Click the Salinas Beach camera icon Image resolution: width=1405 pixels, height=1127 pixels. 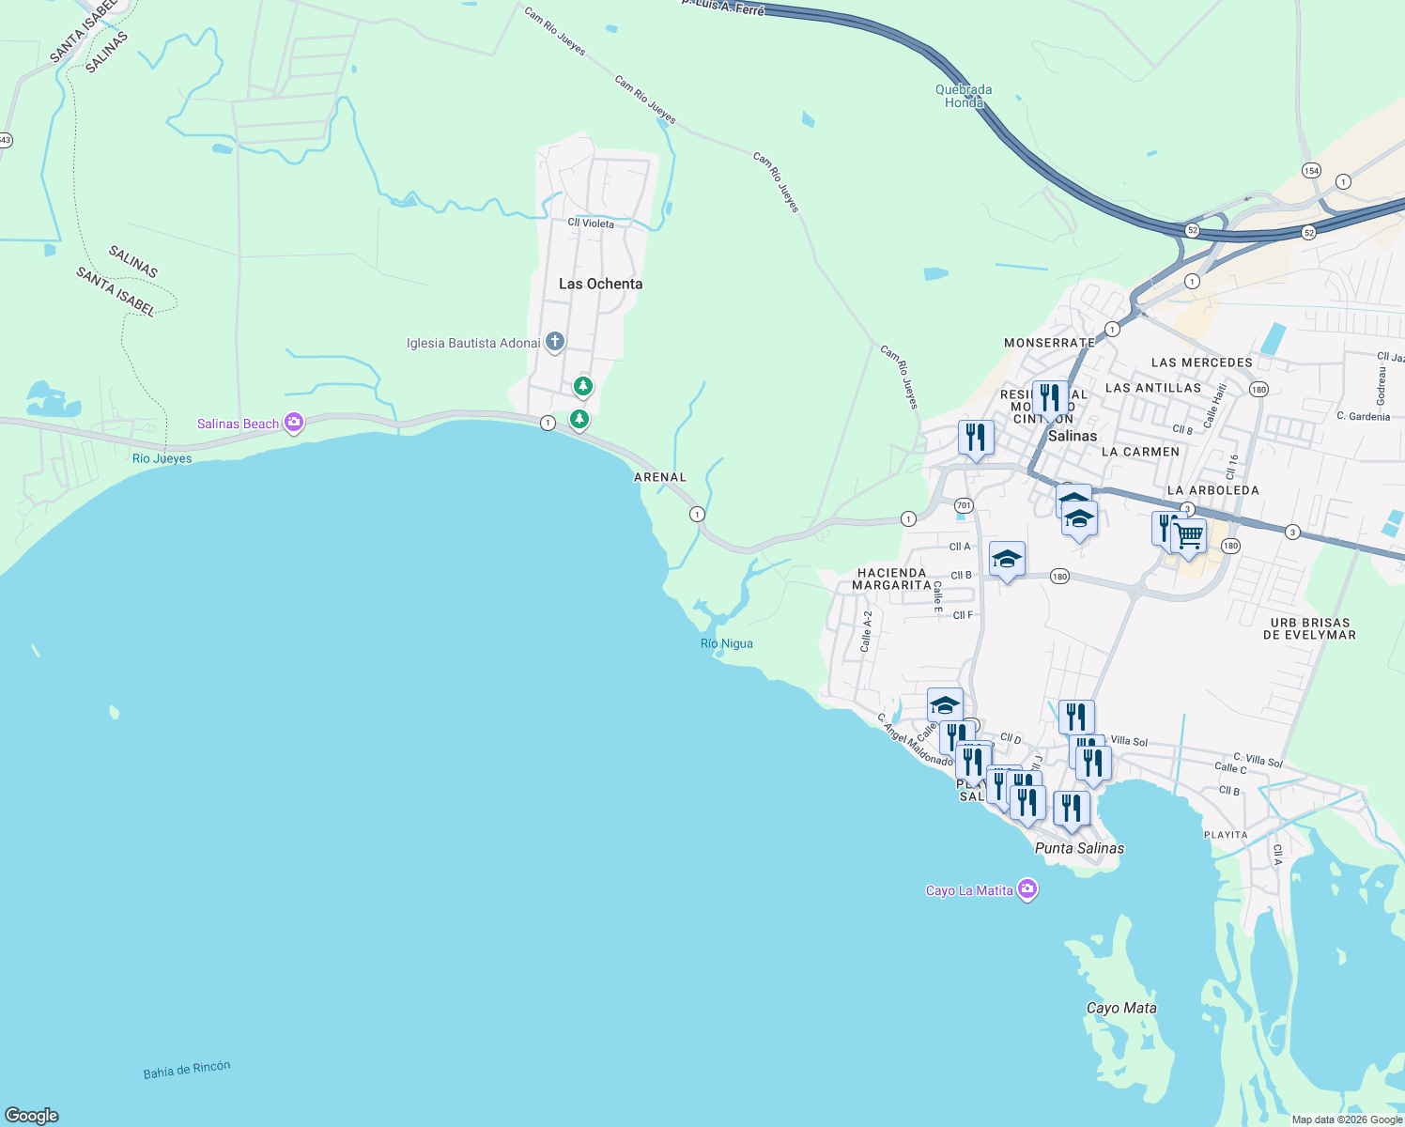click(x=294, y=423)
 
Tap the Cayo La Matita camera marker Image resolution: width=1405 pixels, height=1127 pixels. click(x=1027, y=888)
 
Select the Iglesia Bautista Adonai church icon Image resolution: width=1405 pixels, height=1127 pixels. click(x=555, y=341)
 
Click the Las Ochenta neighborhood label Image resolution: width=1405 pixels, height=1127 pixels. click(x=600, y=284)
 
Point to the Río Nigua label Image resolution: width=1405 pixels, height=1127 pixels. click(x=726, y=643)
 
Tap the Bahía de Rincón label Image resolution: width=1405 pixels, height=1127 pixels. click(x=187, y=1070)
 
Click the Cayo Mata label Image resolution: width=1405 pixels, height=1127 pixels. click(x=1121, y=1008)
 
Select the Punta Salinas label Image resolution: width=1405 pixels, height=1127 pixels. click(x=1079, y=848)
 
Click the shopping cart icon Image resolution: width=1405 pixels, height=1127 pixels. click(x=1189, y=536)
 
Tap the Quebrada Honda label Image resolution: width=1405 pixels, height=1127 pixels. click(x=964, y=96)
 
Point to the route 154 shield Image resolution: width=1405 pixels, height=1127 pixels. click(x=1311, y=170)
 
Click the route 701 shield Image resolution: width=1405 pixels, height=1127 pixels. click(x=964, y=505)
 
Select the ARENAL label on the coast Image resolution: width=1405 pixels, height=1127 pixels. click(x=660, y=477)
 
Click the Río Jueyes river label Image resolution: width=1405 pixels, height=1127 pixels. click(x=162, y=458)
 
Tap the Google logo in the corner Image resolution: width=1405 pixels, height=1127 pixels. click(x=32, y=1116)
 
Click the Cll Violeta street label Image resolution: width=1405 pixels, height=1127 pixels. click(x=591, y=223)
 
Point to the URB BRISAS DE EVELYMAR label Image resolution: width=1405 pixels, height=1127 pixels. click(x=1309, y=628)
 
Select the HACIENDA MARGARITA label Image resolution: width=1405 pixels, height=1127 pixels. click(x=891, y=579)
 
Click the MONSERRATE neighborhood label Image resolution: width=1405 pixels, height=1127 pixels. click(x=1049, y=343)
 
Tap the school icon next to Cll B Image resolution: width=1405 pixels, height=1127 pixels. click(x=1007, y=560)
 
